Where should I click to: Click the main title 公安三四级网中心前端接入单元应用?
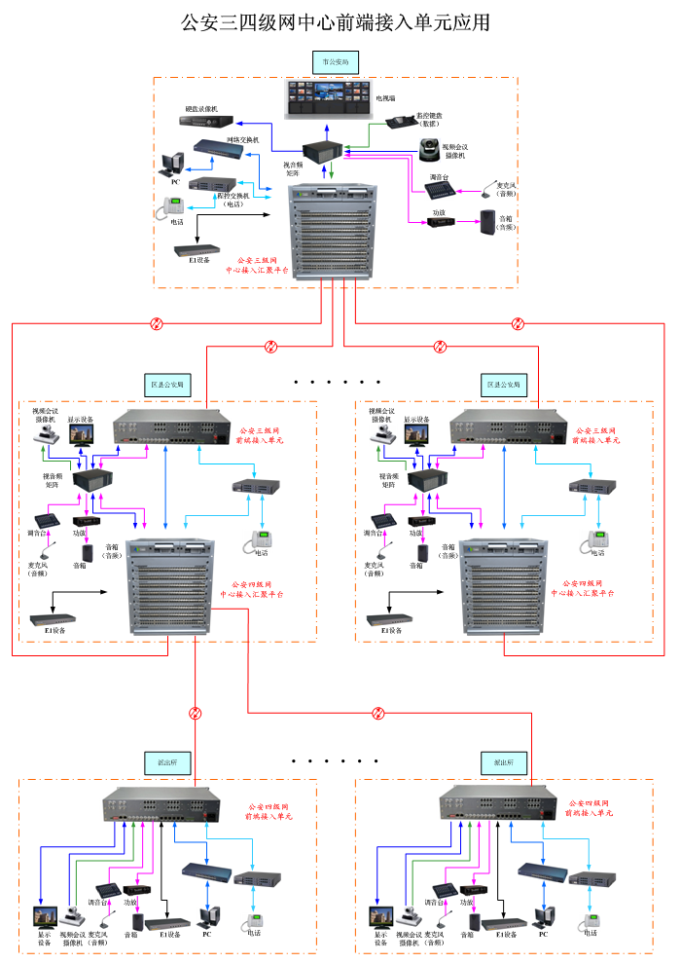[336, 21]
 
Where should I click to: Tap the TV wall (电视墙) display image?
[330, 97]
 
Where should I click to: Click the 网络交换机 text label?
[242, 140]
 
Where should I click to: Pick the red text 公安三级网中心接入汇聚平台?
[257, 266]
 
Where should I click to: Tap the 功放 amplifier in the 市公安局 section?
[443, 223]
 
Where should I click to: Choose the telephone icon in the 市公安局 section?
[174, 205]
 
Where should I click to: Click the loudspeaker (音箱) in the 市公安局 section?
[487, 221]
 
